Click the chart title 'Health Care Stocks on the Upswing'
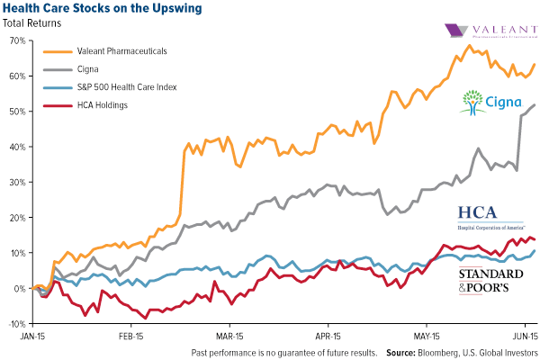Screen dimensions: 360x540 point(100,9)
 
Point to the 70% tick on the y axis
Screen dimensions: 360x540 point(14,40)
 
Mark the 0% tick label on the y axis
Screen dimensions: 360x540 point(17,289)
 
